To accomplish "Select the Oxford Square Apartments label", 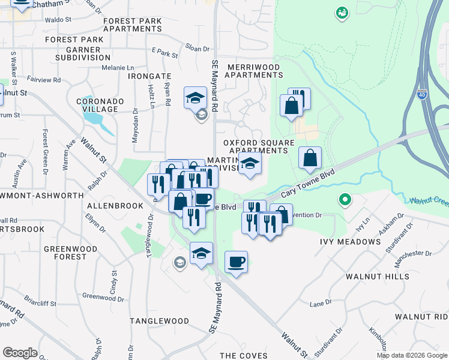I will click(x=259, y=146).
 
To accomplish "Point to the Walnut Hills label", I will click(x=378, y=277).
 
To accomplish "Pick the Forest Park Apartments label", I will click(x=132, y=25).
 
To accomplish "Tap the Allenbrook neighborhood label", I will click(x=115, y=206).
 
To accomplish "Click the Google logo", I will click(x=20, y=353).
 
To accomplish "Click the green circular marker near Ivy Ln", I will click(x=345, y=199).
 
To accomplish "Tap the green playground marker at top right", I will click(x=342, y=12).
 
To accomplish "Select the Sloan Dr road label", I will click(x=197, y=49).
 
